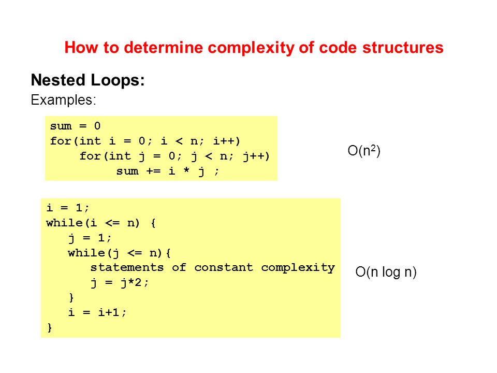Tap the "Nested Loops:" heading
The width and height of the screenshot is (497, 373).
88,80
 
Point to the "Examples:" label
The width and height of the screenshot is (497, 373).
63,100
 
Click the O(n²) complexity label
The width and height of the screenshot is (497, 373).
364,150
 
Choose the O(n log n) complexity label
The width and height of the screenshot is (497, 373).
386,272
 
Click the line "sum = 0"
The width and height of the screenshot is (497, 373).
76,126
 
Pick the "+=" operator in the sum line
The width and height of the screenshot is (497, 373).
153,171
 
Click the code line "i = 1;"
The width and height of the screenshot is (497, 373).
68,208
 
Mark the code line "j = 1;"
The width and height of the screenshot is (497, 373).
90,238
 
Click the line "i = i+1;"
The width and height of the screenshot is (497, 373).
97,312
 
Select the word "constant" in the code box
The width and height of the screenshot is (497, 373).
224,267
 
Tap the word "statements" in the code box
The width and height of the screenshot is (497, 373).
127,267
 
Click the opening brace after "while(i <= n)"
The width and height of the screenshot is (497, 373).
153,223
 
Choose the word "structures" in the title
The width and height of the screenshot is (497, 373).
403,48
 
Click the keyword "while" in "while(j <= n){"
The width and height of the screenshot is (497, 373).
86,253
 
